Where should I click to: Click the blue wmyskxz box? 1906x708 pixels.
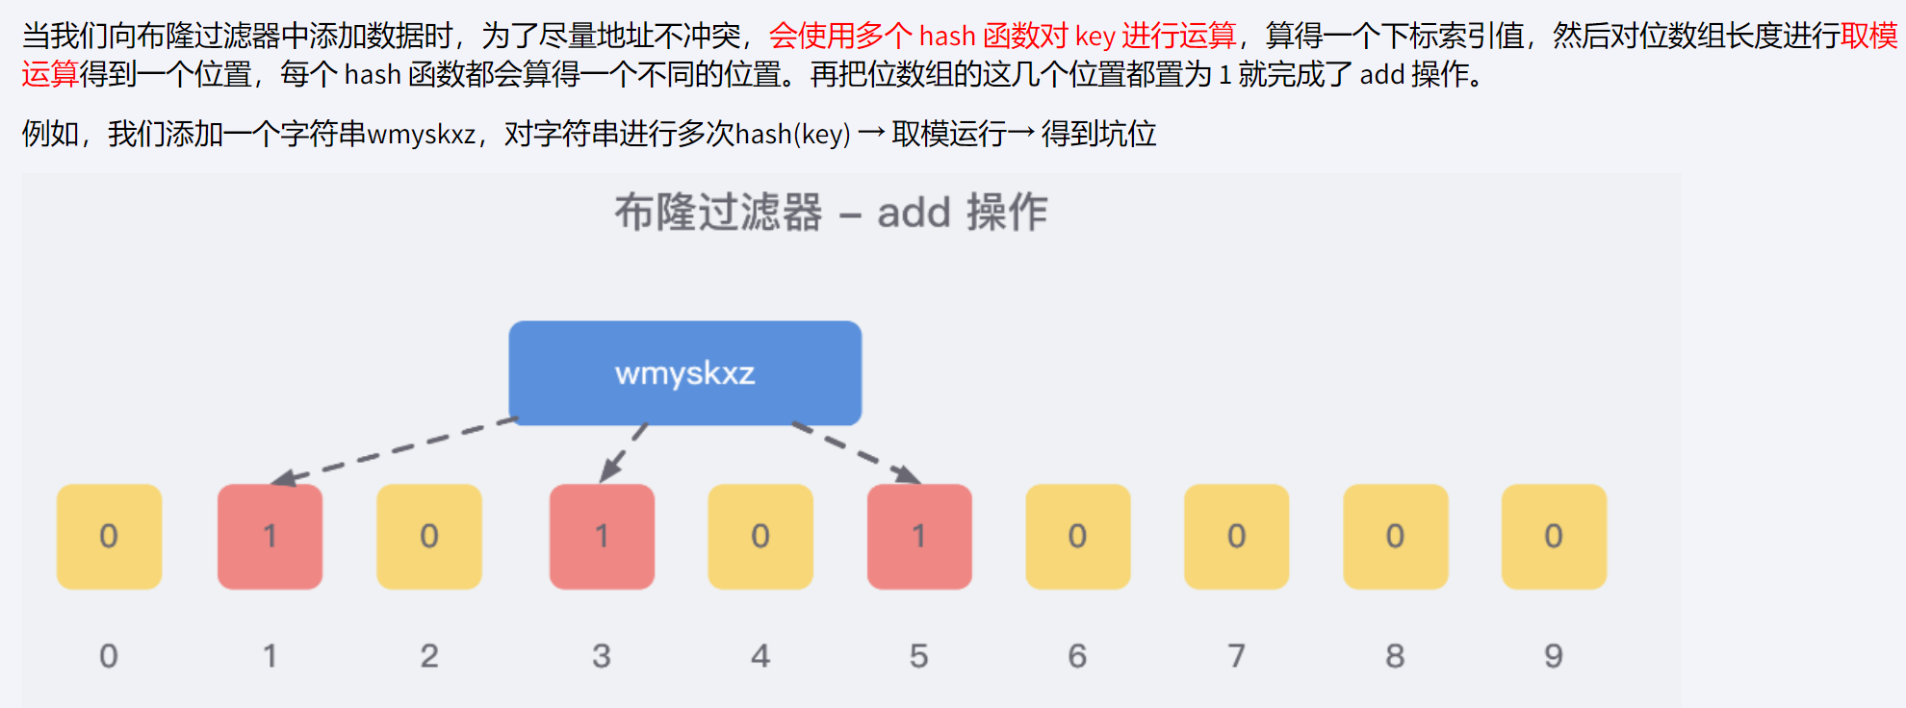684,373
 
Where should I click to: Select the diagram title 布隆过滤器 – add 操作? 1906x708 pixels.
830,212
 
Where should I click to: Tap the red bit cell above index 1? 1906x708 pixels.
270,537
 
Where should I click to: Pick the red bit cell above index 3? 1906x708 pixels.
602,537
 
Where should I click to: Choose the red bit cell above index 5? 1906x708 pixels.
919,537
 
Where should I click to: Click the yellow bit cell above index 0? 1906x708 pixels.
109,537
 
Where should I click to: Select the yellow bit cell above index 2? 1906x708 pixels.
429,537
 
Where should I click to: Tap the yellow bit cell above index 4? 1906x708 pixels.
760,537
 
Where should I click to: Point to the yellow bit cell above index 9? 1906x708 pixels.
1554,537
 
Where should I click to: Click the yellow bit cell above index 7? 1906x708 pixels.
1236,537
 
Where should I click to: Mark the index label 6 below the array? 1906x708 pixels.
1077,656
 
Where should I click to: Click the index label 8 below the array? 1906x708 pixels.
1395,656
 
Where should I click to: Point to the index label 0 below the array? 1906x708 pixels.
109,656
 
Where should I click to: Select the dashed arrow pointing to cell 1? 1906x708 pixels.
395,449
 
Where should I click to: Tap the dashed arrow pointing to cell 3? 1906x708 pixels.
624,452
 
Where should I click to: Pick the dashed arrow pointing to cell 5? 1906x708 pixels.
855,451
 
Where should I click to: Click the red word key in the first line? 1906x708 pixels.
1095,37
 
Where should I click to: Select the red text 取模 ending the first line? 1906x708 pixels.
1868,37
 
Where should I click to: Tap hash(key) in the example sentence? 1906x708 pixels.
792,134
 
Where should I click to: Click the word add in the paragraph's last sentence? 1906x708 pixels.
1381,75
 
